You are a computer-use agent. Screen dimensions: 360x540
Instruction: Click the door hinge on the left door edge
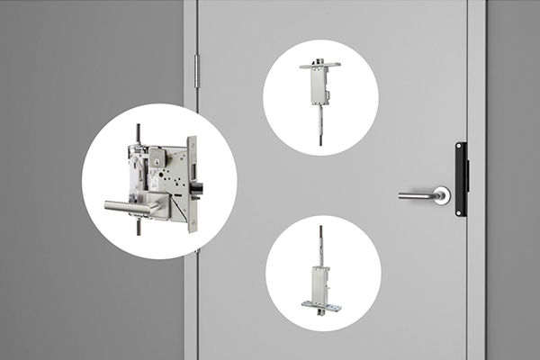point(196,71)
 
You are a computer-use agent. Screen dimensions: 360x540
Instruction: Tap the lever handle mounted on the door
point(417,195)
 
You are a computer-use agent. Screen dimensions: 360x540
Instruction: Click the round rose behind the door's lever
point(441,195)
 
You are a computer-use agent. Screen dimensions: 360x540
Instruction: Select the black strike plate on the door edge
point(461,179)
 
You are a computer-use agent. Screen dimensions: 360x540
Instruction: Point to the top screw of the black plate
point(461,149)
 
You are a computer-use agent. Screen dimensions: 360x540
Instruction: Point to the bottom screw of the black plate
point(461,209)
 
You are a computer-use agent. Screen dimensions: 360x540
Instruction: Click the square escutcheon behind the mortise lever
point(154,202)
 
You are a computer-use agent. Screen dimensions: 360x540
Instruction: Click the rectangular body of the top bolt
point(318,86)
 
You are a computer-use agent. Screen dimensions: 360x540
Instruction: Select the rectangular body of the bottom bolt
point(321,283)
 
